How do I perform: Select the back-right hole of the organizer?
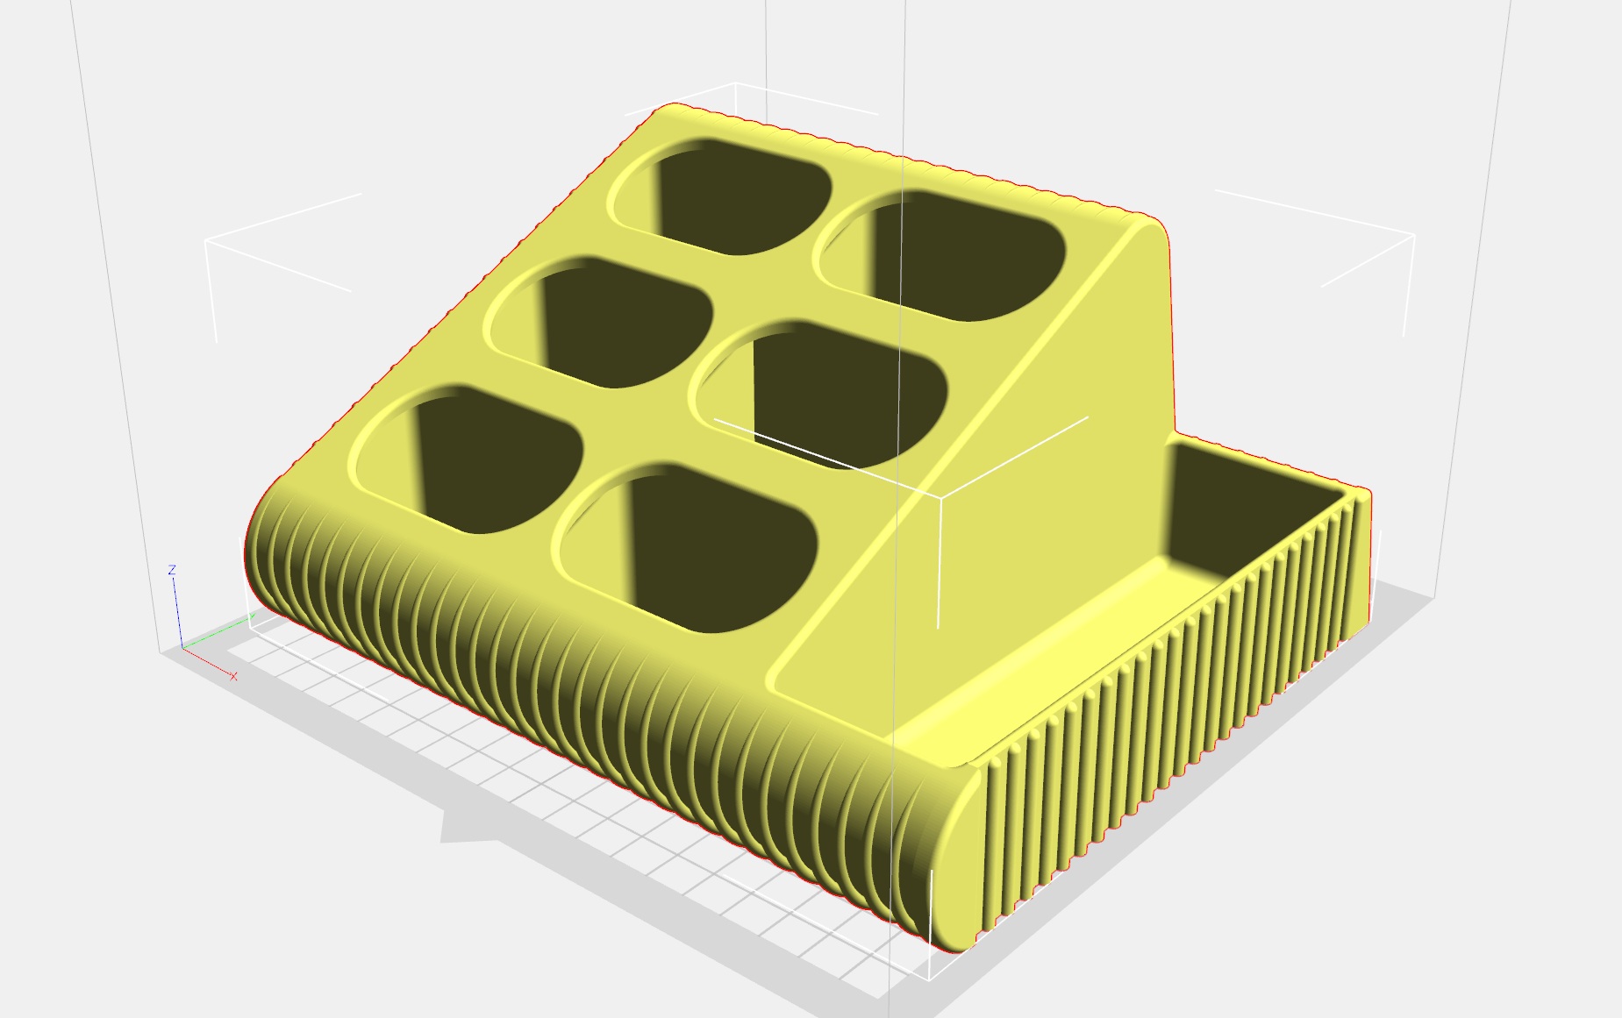click(x=940, y=254)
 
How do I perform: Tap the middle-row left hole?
click(x=599, y=321)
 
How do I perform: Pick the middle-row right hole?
click(x=820, y=393)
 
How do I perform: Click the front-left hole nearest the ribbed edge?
click(x=468, y=458)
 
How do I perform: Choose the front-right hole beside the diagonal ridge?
click(x=687, y=547)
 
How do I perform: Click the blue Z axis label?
click(x=172, y=570)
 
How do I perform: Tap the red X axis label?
click(x=233, y=676)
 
